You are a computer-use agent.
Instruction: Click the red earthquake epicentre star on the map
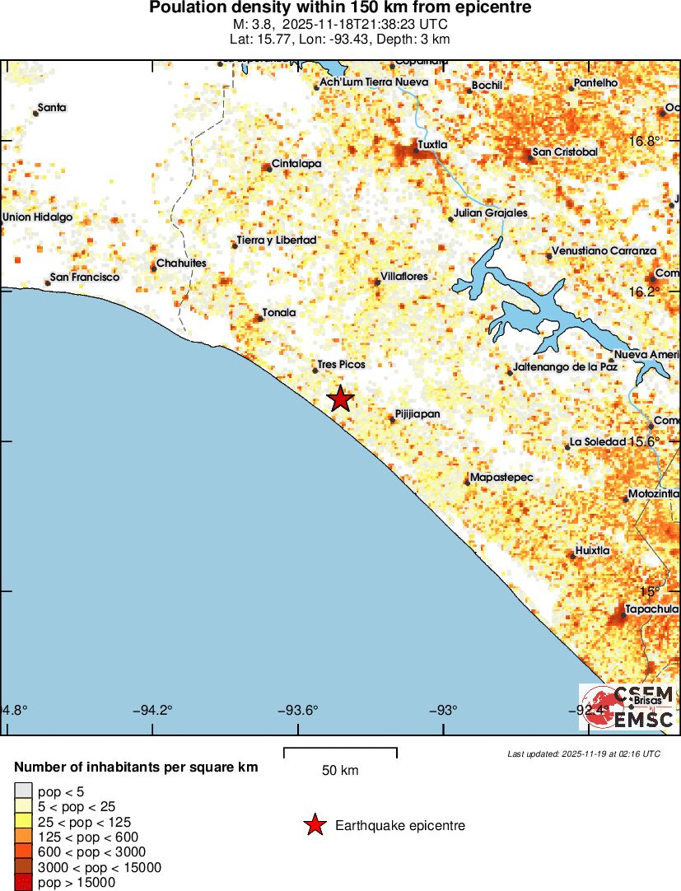point(341,399)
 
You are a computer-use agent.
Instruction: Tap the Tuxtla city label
point(432,145)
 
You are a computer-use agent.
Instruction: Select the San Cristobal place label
point(565,152)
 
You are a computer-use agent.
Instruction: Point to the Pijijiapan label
point(417,413)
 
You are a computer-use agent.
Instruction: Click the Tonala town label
point(278,313)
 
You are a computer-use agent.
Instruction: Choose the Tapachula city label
point(652,609)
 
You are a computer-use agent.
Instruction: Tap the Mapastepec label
point(501,478)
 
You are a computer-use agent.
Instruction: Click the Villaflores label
point(404,277)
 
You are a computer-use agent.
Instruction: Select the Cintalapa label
point(296,164)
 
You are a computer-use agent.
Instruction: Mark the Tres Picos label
point(341,364)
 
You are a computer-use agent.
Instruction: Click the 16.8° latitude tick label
point(645,141)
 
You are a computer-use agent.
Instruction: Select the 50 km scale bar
point(340,753)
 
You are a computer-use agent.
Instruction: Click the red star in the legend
point(314,825)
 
